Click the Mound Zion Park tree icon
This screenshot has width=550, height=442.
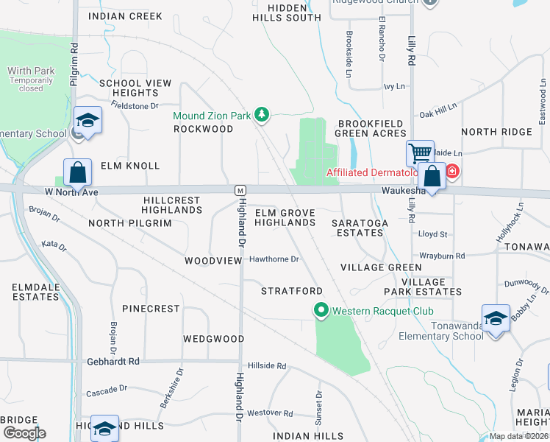coord(261,115)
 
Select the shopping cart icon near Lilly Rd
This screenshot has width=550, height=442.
coord(420,153)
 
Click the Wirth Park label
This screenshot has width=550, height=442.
coord(31,71)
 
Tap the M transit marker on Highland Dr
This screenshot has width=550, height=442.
coord(240,190)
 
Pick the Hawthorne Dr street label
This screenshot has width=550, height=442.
coord(274,259)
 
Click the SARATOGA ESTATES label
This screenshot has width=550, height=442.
coord(357,227)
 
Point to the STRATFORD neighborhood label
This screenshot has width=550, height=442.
coord(292,291)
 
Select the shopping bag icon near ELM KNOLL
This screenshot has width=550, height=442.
coord(77,173)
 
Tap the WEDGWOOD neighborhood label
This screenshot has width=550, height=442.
coord(213,339)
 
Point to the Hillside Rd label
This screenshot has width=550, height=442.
coord(267,365)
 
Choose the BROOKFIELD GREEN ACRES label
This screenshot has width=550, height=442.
coord(371,128)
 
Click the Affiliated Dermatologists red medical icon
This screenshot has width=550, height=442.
coord(452,173)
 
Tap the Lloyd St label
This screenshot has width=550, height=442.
coord(432,234)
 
